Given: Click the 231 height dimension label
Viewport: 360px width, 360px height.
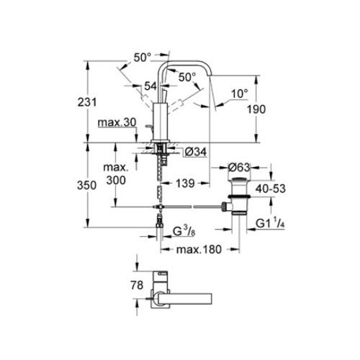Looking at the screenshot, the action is (87, 102).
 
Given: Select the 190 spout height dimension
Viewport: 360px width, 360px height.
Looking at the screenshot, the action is (256, 109).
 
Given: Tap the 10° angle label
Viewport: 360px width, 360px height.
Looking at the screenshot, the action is (240, 94).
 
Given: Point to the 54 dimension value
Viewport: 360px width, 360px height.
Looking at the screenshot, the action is (150, 86).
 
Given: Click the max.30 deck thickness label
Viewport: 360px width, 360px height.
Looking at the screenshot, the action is (117, 122).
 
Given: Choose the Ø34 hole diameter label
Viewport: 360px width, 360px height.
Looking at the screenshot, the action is (196, 152).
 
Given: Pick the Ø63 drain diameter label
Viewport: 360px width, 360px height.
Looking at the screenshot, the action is (238, 167).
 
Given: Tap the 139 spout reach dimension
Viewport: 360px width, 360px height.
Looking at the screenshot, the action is (185, 184).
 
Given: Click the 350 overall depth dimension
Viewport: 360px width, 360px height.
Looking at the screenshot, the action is (86, 185).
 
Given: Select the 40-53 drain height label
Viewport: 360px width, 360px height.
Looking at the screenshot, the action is (271, 189).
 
